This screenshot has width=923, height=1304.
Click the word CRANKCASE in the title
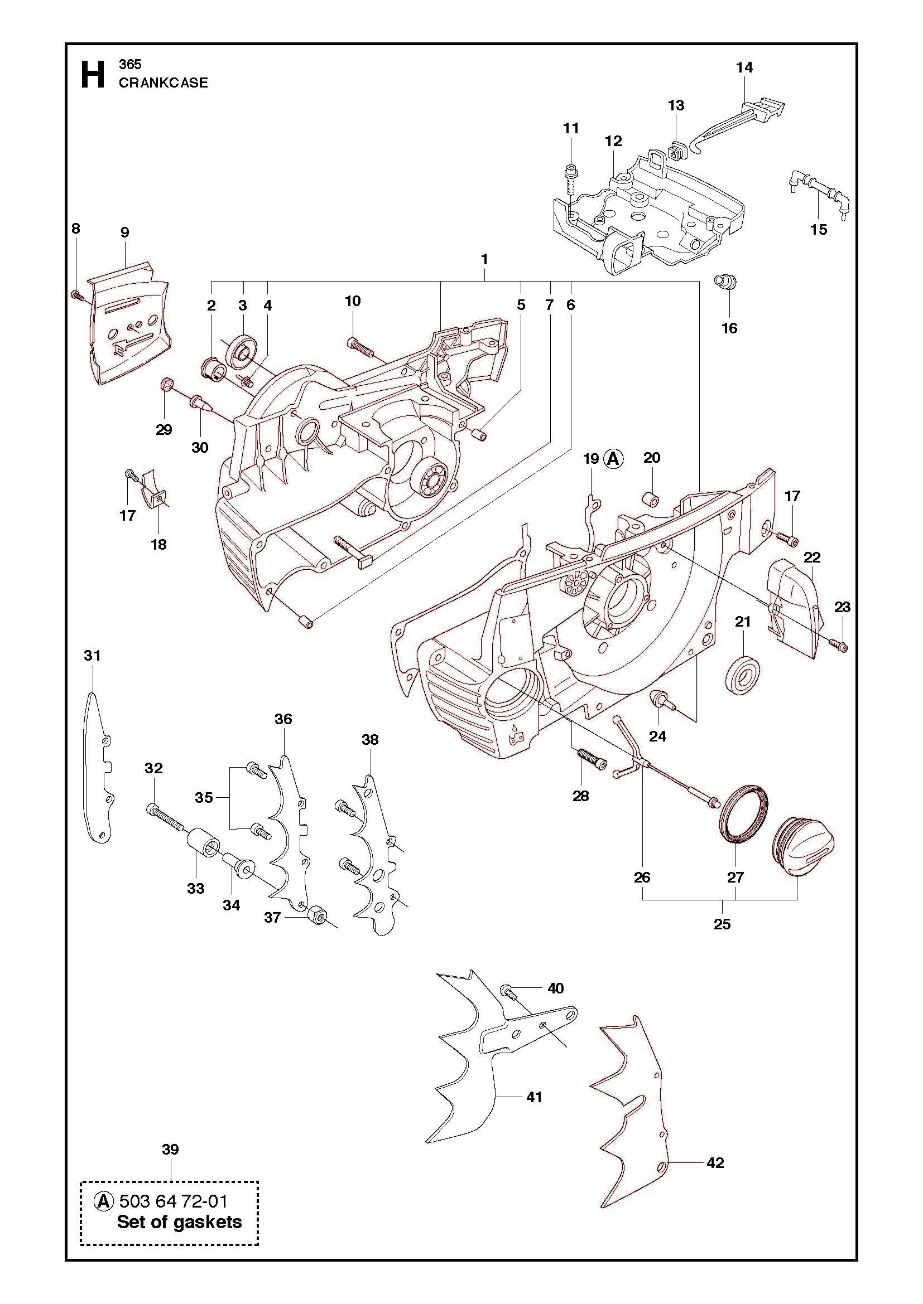(x=163, y=83)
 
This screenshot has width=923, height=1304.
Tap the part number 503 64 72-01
(x=174, y=1202)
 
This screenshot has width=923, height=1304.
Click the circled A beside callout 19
(x=613, y=458)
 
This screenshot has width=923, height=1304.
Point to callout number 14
(x=744, y=67)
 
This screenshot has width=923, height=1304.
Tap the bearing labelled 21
(x=743, y=676)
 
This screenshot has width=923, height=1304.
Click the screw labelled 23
(x=840, y=645)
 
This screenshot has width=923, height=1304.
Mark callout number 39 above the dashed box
(x=171, y=1150)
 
